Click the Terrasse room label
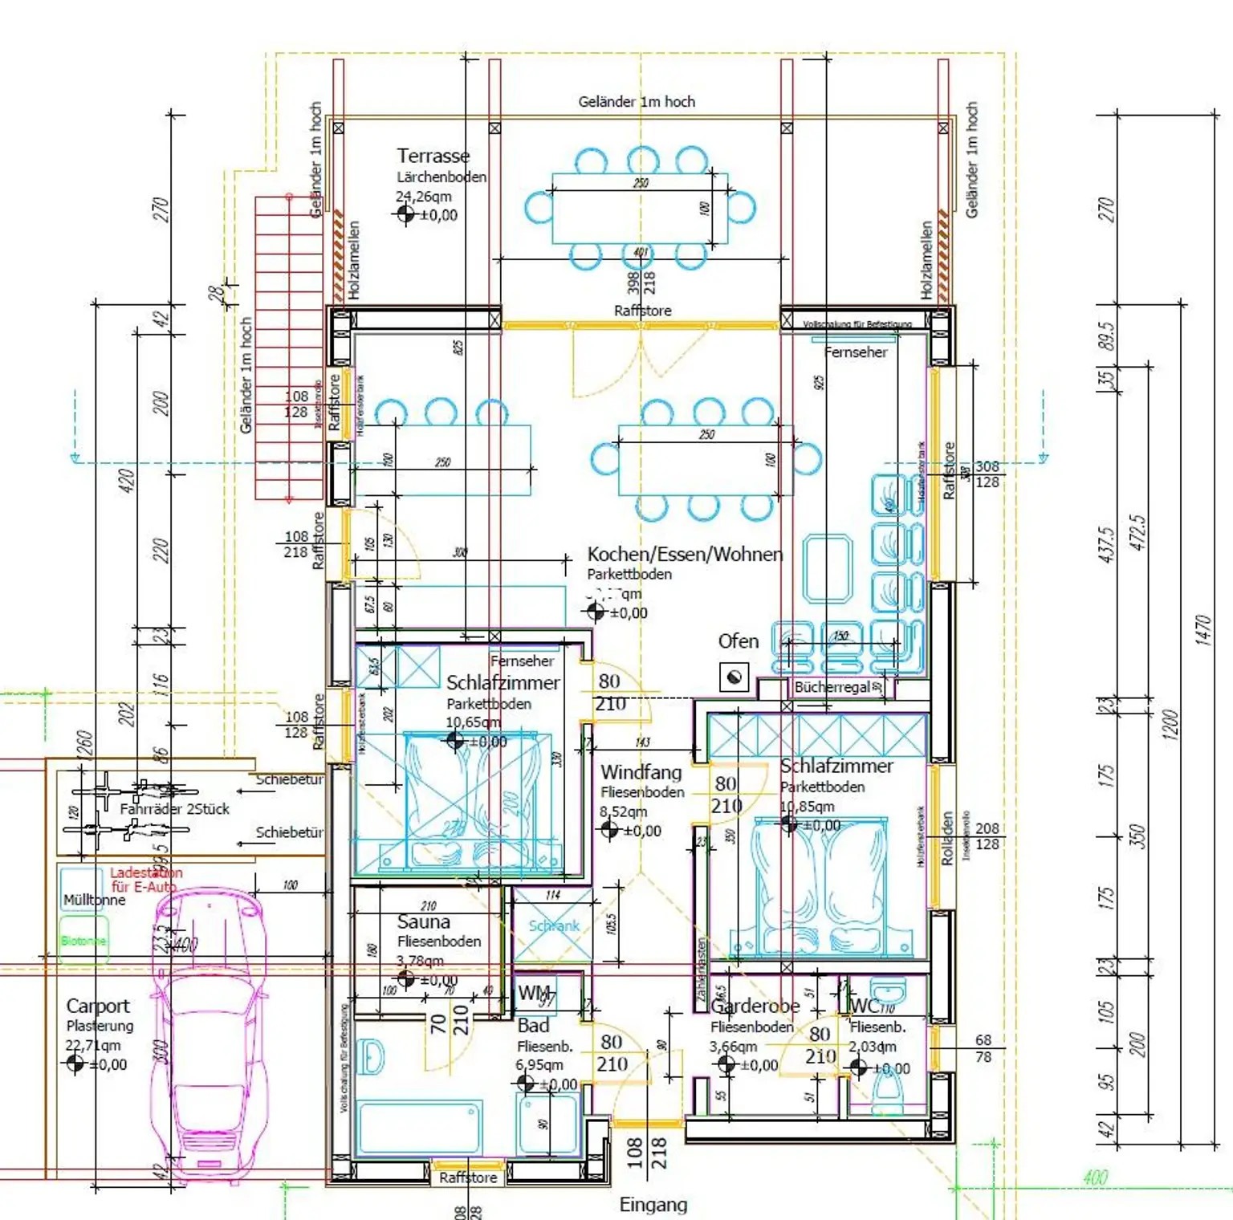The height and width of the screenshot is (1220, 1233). click(433, 156)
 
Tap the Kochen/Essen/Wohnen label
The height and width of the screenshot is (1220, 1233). click(684, 554)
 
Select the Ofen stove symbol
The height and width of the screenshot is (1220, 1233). click(733, 677)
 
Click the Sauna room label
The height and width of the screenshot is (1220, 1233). click(423, 921)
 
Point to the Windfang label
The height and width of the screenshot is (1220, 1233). click(641, 772)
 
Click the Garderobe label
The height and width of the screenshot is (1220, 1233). click(755, 1006)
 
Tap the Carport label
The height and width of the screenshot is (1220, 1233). click(97, 1006)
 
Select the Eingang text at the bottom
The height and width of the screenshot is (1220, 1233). click(653, 1204)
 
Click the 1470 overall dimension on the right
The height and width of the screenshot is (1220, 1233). click(1202, 629)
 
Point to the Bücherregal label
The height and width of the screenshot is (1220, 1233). click(832, 687)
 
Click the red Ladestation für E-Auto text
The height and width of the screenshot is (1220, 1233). click(145, 879)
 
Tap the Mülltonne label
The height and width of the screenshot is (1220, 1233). click(94, 900)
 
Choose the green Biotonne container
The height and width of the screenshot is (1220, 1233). click(83, 940)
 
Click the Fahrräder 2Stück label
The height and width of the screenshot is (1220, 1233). click(174, 809)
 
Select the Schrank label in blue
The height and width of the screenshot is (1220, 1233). click(553, 925)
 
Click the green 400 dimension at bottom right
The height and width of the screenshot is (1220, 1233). click(1095, 1177)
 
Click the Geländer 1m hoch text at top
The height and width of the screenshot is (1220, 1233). click(637, 101)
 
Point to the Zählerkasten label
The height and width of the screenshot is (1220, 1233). click(701, 971)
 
